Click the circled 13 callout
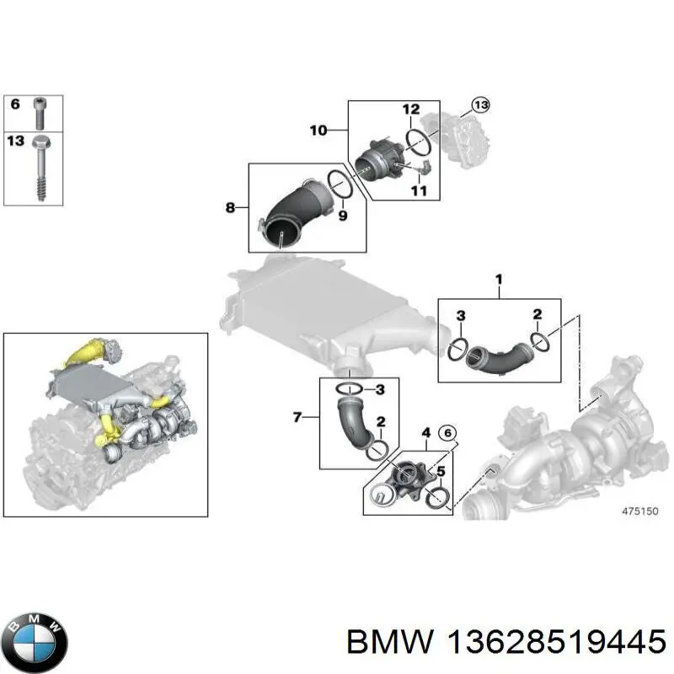479,105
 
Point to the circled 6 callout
448,433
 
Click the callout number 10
318,131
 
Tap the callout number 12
410,110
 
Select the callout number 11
418,191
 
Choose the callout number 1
498,279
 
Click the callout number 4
426,435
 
